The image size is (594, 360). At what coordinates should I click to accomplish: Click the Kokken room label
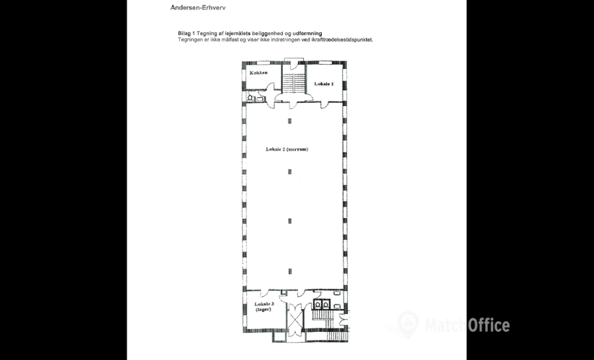pos(258,73)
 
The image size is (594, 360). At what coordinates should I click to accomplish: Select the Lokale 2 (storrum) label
pos(286,149)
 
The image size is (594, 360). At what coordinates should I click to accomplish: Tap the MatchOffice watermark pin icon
pos(408,325)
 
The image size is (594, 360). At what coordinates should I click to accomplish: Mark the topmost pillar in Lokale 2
pos(289,120)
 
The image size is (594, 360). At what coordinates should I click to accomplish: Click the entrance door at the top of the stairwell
pos(292,61)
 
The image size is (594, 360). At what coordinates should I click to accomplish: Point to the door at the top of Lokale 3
pos(266,292)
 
